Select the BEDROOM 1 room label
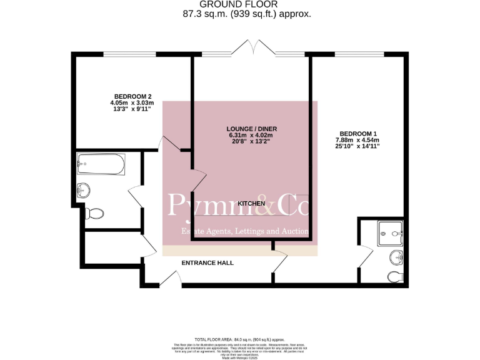(358, 133)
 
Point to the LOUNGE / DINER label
(249, 129)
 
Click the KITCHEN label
(251, 204)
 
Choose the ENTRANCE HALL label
(207, 263)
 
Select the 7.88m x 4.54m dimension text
(358, 140)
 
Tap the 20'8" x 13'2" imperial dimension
(250, 142)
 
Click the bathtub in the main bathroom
(101, 164)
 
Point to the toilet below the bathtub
(94, 213)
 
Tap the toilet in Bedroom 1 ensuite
(396, 276)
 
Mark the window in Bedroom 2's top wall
(129, 54)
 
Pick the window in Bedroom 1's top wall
(359, 54)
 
